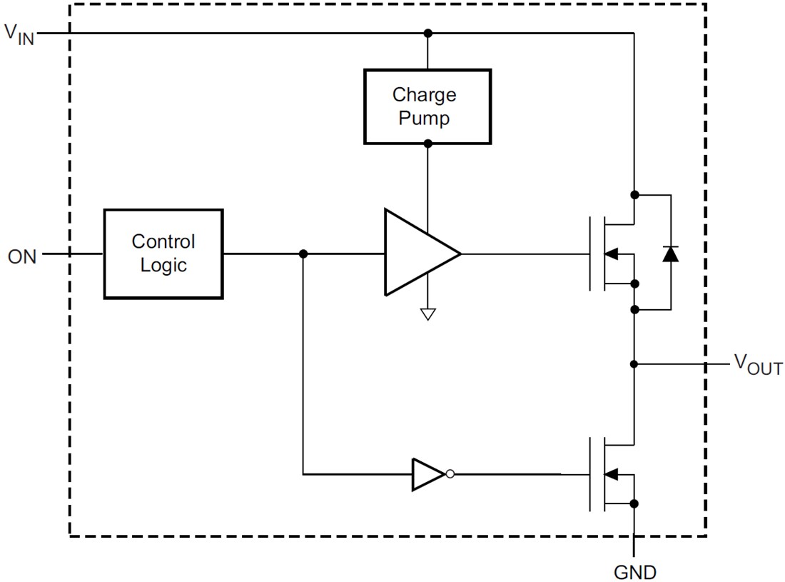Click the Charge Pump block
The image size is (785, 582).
click(427, 106)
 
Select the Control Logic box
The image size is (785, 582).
click(163, 253)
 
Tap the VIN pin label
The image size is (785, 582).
click(19, 34)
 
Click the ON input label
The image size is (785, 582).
click(22, 256)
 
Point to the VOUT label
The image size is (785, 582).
click(758, 365)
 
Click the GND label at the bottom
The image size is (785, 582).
click(634, 571)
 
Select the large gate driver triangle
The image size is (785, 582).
click(417, 253)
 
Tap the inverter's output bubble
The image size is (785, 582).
click(450, 474)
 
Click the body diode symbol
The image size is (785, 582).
click(670, 253)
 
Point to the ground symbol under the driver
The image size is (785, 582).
click(427, 313)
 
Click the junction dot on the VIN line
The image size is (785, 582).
click(427, 34)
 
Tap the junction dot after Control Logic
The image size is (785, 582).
click(303, 254)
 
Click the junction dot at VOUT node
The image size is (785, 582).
click(634, 364)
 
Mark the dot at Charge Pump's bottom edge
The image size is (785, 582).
click(427, 144)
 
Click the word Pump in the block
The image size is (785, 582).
click(424, 119)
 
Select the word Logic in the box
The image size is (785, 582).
click(163, 266)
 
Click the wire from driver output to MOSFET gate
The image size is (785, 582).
click(525, 254)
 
